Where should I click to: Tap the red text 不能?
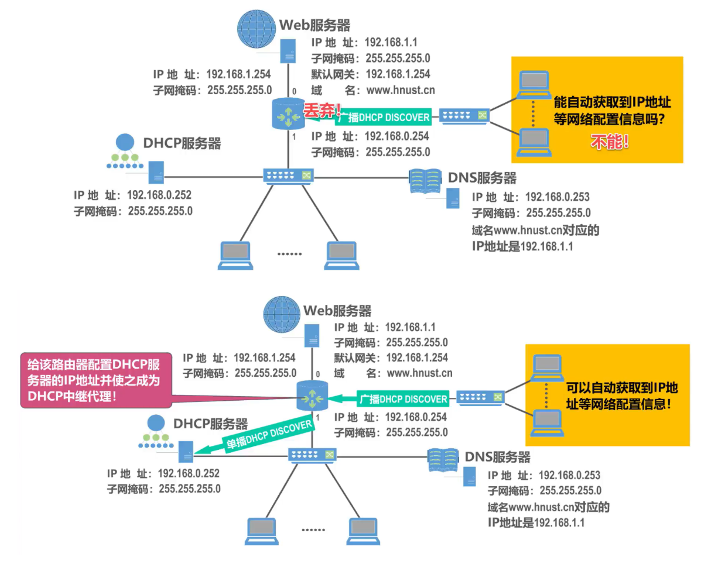(x=609, y=142)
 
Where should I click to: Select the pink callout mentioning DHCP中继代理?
(x=97, y=381)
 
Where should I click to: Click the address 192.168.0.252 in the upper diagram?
(x=159, y=195)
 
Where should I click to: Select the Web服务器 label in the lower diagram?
(x=337, y=311)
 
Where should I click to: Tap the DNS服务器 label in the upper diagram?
(x=483, y=177)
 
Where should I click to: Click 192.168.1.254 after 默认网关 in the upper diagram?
(x=398, y=74)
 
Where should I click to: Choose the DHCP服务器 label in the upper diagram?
(x=182, y=143)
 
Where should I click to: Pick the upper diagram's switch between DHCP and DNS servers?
(x=288, y=176)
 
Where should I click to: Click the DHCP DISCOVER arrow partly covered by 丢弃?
(x=381, y=117)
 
